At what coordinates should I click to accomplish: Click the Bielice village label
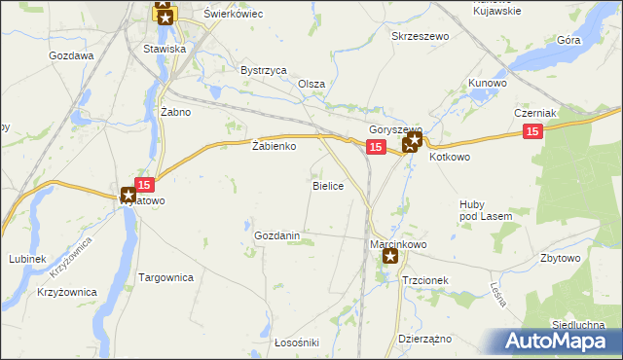[x=327, y=185]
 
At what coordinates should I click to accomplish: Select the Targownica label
[x=166, y=277]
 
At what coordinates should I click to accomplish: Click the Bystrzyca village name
[x=263, y=70]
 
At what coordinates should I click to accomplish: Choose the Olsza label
[x=311, y=84]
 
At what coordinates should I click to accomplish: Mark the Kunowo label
[x=488, y=84]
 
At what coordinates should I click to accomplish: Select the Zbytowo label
[x=561, y=258]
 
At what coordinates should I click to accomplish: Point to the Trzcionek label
[x=424, y=279]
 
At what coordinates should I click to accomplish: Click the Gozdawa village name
[x=71, y=55]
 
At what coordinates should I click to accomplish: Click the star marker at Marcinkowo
[x=390, y=257]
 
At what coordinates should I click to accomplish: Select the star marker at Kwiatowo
[x=128, y=196]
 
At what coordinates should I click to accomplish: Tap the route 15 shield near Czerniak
[x=531, y=132]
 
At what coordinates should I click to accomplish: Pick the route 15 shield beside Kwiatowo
[x=144, y=184]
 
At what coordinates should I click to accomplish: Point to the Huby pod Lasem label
[x=478, y=209]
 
